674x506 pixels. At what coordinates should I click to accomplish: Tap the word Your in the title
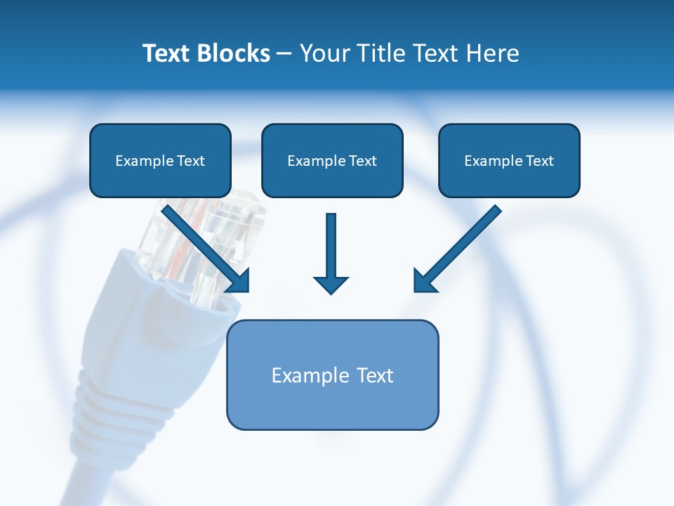tap(325, 53)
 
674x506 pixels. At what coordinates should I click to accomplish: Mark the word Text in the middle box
tap(362, 161)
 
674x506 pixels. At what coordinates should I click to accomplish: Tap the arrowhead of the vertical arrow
tap(331, 285)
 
